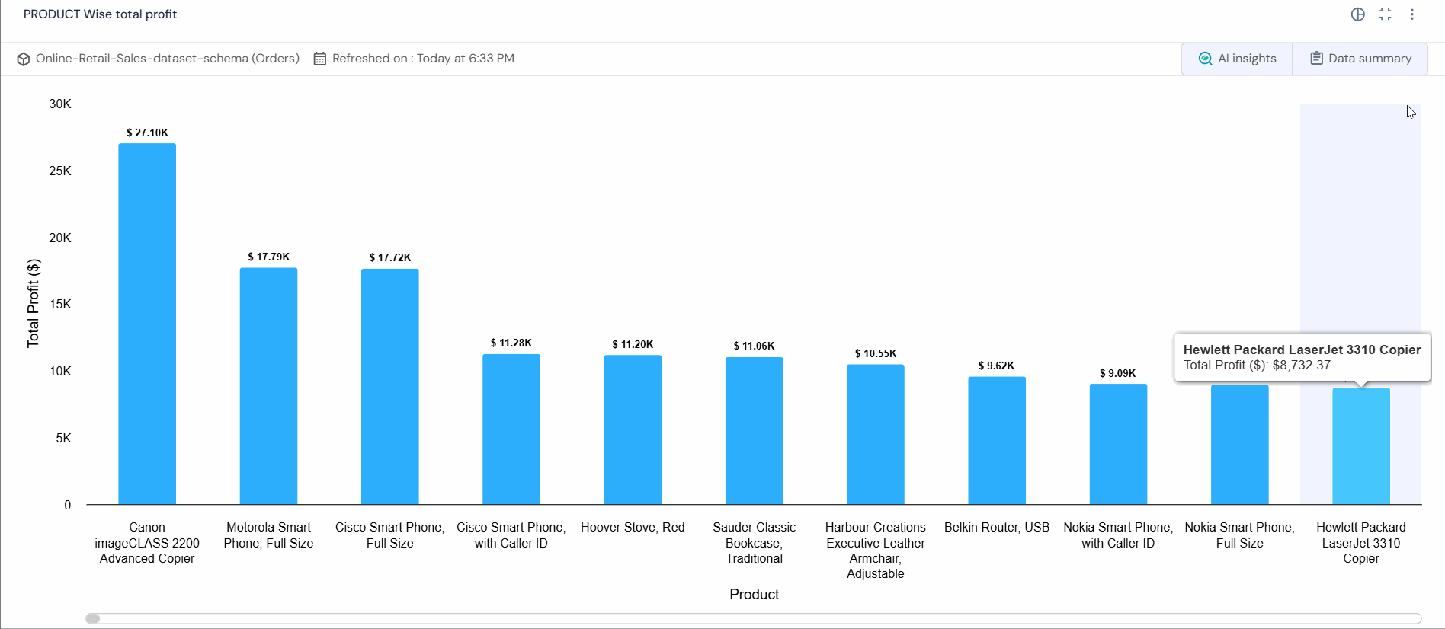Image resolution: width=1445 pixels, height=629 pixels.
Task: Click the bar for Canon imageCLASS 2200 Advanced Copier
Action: point(147,324)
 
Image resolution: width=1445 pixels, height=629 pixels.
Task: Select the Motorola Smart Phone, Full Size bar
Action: point(268,386)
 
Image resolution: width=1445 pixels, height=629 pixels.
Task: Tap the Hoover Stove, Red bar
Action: point(633,429)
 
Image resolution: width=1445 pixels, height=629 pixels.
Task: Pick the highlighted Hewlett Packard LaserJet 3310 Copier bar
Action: point(1361,446)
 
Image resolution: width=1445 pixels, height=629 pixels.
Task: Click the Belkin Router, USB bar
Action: point(997,440)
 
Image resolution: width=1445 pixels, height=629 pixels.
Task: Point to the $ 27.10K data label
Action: point(147,133)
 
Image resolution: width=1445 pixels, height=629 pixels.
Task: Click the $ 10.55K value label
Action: point(876,353)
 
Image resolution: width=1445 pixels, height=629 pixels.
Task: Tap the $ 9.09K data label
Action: point(1118,373)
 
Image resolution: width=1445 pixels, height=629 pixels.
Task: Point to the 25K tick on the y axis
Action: point(60,171)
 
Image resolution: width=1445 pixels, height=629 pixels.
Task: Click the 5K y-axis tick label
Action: point(63,438)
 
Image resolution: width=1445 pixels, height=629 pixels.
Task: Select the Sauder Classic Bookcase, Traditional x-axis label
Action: point(754,542)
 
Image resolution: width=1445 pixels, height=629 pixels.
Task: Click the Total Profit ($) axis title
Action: point(33,303)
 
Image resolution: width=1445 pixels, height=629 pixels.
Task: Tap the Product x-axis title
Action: point(754,594)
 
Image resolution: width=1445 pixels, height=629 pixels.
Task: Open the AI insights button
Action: point(1237,59)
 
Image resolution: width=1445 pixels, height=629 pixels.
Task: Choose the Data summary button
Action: point(1360,59)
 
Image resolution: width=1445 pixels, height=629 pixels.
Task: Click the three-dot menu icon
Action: point(1412,14)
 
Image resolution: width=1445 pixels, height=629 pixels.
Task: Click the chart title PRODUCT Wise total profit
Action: point(100,14)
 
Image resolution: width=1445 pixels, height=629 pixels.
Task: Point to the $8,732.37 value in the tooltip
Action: point(1302,365)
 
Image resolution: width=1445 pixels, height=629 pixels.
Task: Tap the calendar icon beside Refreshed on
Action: point(320,59)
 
